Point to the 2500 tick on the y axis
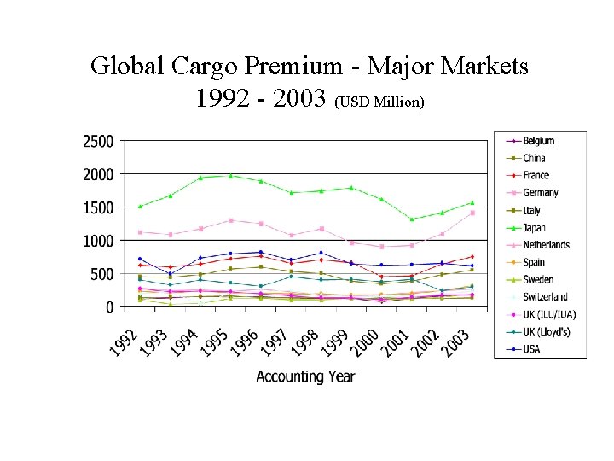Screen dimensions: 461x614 (98, 141)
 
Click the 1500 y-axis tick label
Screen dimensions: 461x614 (98, 207)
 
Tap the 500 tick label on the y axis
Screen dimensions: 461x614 (102, 274)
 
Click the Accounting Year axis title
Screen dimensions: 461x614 (305, 376)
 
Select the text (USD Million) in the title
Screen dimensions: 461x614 (379, 102)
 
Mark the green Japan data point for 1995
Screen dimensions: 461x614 (230, 175)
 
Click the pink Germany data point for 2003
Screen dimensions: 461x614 (472, 213)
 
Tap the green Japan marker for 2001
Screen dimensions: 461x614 (412, 219)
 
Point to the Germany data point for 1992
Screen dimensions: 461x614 (140, 232)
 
